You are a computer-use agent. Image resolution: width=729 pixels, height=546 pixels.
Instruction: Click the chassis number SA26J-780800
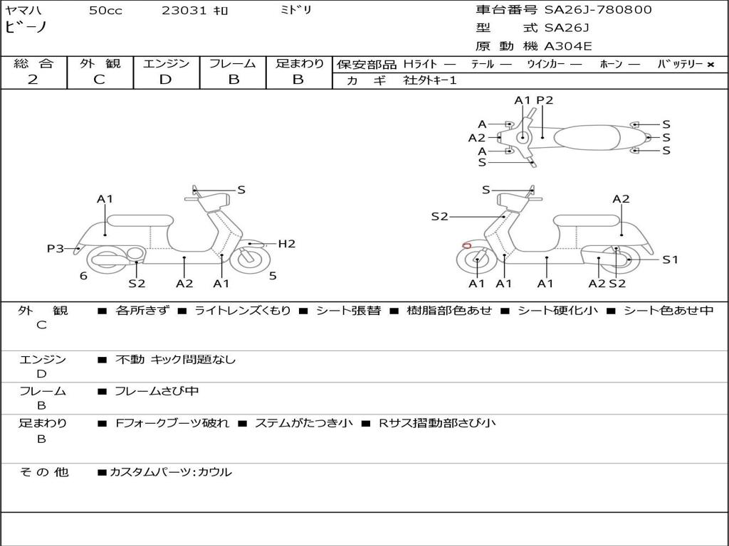click(x=598, y=10)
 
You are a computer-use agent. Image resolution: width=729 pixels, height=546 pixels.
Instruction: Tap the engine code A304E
click(x=568, y=46)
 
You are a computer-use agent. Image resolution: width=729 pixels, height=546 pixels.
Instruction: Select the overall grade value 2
click(x=33, y=80)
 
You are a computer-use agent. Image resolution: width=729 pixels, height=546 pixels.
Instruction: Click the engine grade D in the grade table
click(x=165, y=80)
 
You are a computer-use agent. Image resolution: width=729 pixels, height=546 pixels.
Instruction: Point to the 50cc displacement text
click(x=105, y=11)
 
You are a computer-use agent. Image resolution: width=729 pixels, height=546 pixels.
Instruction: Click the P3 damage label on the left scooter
click(x=56, y=249)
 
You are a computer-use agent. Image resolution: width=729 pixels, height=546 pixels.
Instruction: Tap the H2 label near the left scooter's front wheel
click(x=287, y=244)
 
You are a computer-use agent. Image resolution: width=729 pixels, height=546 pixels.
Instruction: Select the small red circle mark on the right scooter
click(x=467, y=245)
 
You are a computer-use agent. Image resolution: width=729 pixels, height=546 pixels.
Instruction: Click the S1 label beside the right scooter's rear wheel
click(x=670, y=259)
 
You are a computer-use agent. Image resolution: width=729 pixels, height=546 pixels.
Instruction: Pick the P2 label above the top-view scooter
click(x=545, y=100)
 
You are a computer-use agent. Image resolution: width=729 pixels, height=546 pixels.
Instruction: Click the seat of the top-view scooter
click(x=587, y=137)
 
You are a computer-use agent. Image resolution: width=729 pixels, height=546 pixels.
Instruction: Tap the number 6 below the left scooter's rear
click(x=83, y=276)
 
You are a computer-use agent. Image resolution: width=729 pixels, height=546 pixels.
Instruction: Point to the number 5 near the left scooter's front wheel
click(x=273, y=276)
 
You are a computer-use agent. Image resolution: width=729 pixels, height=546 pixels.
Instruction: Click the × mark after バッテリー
click(x=710, y=65)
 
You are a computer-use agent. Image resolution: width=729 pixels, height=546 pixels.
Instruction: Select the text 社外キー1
click(x=430, y=80)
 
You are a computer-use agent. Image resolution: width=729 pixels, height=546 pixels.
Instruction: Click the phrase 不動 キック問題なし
click(x=175, y=359)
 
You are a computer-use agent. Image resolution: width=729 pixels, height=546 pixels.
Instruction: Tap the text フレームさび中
click(x=157, y=392)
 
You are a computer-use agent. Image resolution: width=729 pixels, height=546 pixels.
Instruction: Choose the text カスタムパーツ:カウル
click(x=171, y=472)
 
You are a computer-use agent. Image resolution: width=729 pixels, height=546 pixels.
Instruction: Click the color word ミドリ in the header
click(x=295, y=10)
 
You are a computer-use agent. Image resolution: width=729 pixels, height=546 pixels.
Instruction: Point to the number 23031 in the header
click(x=184, y=11)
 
